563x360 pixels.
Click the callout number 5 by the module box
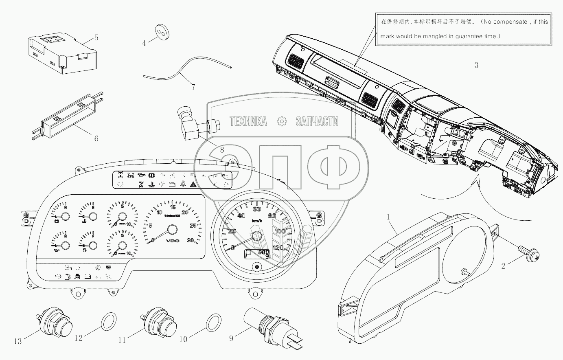(96, 38)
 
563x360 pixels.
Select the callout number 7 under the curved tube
(193, 87)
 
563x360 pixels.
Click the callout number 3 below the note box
(476, 65)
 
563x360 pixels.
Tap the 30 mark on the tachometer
(190, 240)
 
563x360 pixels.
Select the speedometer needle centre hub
(257, 236)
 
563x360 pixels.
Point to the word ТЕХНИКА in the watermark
(248, 121)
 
